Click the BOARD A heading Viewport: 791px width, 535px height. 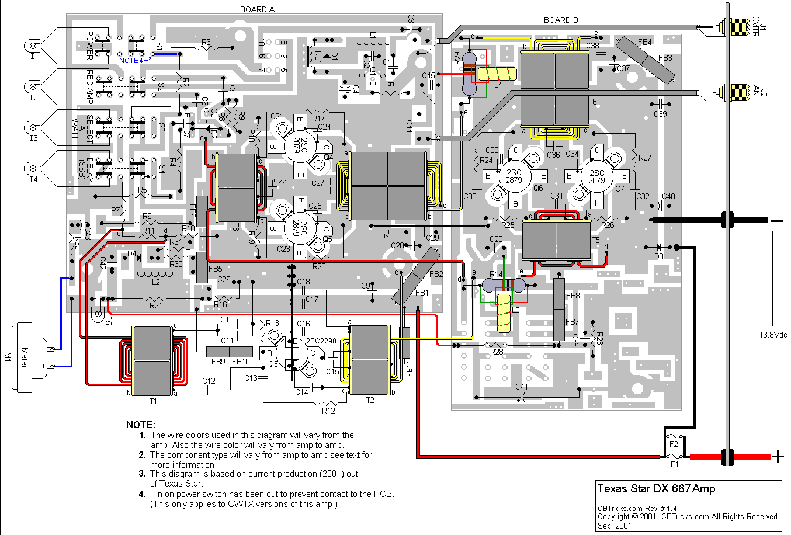257,9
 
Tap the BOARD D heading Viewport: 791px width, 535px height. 561,20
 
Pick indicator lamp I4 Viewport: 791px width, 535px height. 33,169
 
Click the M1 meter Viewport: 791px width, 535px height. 26,356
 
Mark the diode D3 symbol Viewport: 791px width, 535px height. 659,248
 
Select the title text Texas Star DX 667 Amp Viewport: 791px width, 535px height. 656,489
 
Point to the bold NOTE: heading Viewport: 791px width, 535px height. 141,425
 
